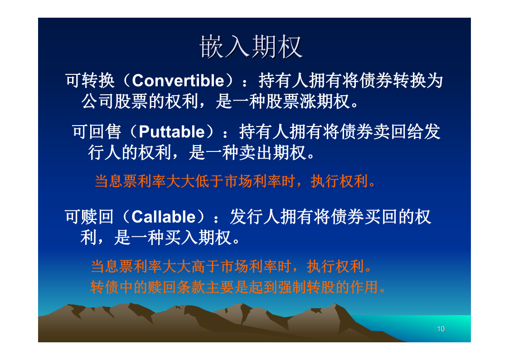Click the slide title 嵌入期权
pyautogui.click(x=251, y=47)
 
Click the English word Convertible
pyautogui.click(x=178, y=81)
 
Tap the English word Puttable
pyautogui.click(x=172, y=132)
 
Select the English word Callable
pyautogui.click(x=164, y=217)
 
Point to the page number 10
pyautogui.click(x=441, y=329)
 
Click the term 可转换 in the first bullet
pyautogui.click(x=90, y=81)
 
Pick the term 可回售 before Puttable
pyautogui.click(x=97, y=132)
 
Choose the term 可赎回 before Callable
pyautogui.click(x=89, y=217)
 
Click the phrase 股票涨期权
pyautogui.click(x=308, y=101)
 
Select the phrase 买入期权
pyautogui.click(x=198, y=238)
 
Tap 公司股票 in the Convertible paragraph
pyautogui.click(x=115, y=101)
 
